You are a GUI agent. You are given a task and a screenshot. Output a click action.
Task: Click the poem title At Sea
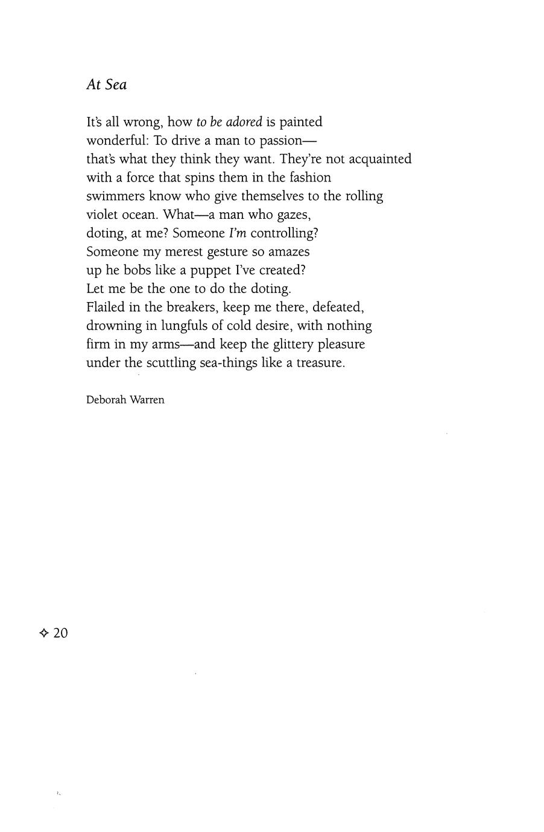click(106, 85)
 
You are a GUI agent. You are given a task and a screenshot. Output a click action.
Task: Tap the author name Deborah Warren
click(125, 400)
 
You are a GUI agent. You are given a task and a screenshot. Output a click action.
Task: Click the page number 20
click(60, 633)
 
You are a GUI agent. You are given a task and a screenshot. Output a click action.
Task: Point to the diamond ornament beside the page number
click(43, 633)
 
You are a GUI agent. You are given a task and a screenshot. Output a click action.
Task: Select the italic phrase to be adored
click(229, 122)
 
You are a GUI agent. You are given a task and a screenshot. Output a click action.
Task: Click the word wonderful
click(117, 140)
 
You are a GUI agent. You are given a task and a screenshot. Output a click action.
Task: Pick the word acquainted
click(379, 159)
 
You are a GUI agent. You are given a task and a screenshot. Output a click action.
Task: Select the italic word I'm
click(238, 233)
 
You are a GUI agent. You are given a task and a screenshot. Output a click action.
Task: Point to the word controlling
click(283, 233)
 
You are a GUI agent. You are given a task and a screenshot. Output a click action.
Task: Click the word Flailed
click(106, 307)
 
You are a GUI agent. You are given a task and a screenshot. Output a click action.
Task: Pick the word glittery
click(293, 345)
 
